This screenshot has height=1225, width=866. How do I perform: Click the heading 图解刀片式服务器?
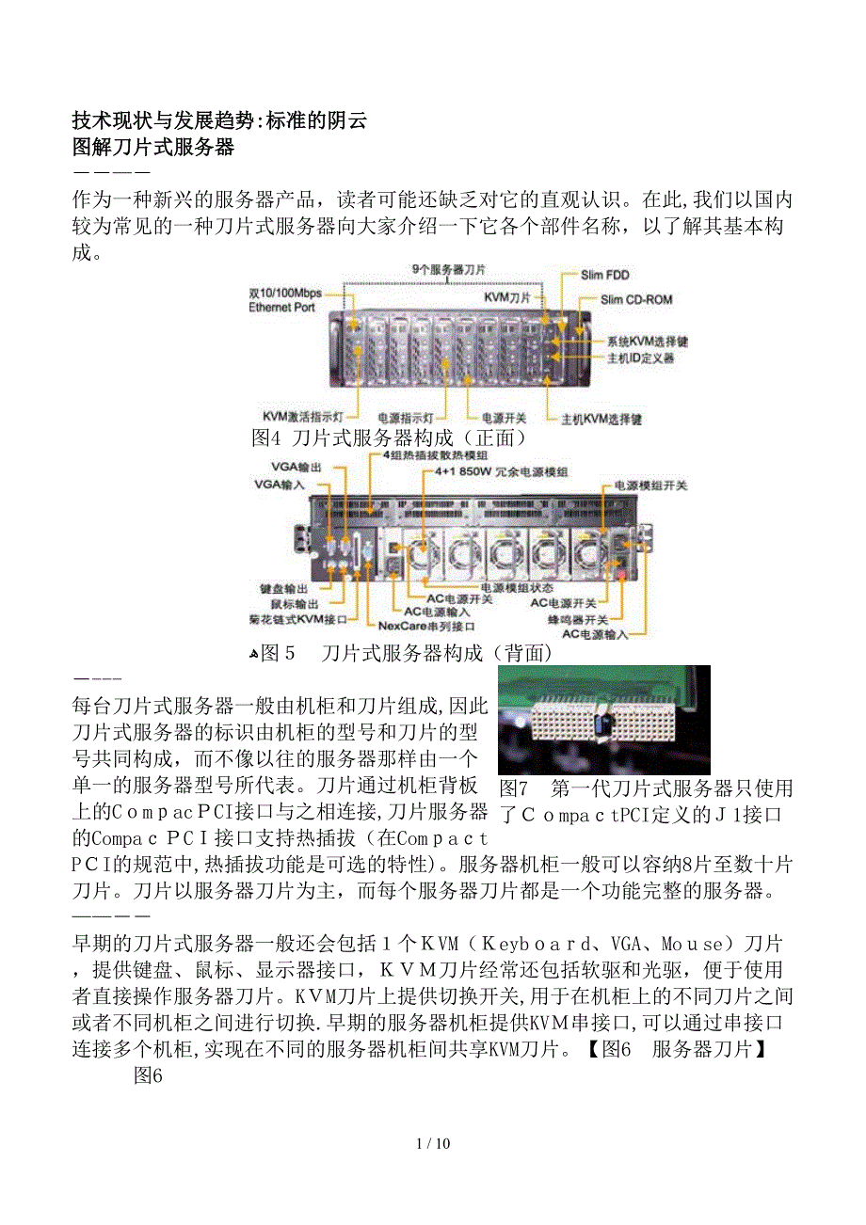[152, 147]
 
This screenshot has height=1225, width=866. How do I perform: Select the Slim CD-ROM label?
[636, 300]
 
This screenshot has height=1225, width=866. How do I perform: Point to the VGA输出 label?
[296, 467]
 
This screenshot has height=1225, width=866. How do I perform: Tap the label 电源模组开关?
[650, 485]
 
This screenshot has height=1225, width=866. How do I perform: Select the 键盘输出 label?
[283, 588]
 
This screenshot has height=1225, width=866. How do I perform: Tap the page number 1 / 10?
[433, 1143]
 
